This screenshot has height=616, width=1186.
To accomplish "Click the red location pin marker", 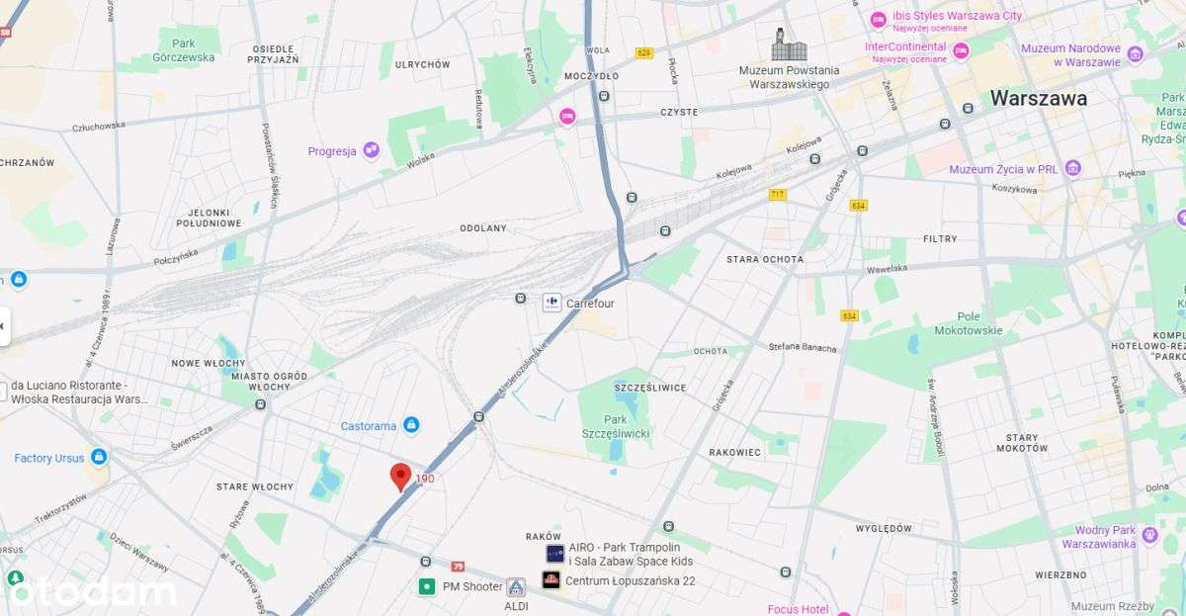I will pos(400,477).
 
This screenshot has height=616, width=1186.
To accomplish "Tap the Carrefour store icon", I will pos(551,303).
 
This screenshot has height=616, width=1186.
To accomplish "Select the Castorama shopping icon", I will pos(411,425).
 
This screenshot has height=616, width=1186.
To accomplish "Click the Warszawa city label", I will pos(1038,98).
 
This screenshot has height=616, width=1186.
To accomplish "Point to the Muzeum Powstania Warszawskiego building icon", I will pos(789,44).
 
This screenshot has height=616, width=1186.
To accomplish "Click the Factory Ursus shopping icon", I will pos(99,457).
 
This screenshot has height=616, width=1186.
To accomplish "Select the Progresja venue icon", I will pos(371,150).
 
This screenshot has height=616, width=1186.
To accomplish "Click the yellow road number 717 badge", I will pos(777,194).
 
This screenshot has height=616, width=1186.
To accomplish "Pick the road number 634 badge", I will pos(858,206).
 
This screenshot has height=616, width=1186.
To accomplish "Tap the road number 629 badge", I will pos(644,52).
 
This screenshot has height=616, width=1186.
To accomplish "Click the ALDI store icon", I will pos(516,587).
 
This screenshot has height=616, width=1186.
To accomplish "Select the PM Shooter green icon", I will pos(427,586).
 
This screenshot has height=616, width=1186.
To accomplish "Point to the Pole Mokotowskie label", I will pos(968,323).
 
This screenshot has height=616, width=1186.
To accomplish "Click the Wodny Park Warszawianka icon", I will pos(1148,535).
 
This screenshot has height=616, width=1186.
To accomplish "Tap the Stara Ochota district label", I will pos(764,259).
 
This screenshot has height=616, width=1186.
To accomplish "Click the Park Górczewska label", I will pos(183,50).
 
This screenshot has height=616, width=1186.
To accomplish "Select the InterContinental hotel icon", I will pos(960,49).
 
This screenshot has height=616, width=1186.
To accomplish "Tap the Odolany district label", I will pos(482,228).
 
